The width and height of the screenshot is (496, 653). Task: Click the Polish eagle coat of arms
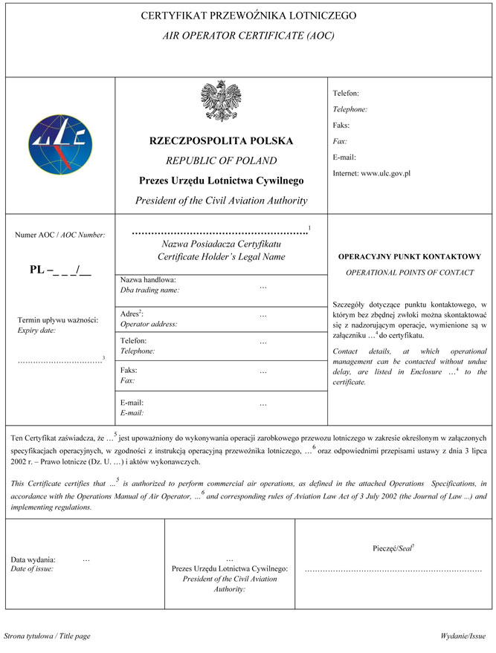[x=221, y=103]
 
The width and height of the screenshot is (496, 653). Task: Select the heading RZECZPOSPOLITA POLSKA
[x=221, y=140]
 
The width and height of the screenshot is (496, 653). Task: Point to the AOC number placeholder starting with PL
[x=60, y=270]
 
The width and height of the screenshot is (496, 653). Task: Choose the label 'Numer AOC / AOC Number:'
[x=61, y=235]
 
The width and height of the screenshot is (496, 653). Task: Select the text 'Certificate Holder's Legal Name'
[x=222, y=257]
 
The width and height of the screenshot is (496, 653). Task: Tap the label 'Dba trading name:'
[x=149, y=290]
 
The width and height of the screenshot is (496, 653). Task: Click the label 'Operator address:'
[x=149, y=324]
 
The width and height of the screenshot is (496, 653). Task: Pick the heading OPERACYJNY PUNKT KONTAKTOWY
[x=410, y=257]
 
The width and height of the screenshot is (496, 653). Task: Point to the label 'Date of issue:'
[x=32, y=569]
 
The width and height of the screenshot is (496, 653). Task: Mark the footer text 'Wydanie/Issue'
[x=463, y=637]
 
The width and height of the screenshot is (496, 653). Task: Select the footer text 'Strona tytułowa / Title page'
[x=48, y=637]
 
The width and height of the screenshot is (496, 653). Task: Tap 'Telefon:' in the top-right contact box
[x=346, y=94]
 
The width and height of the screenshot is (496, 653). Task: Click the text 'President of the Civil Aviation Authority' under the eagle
[x=221, y=201]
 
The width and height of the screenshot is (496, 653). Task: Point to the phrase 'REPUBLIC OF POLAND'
[x=221, y=160]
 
